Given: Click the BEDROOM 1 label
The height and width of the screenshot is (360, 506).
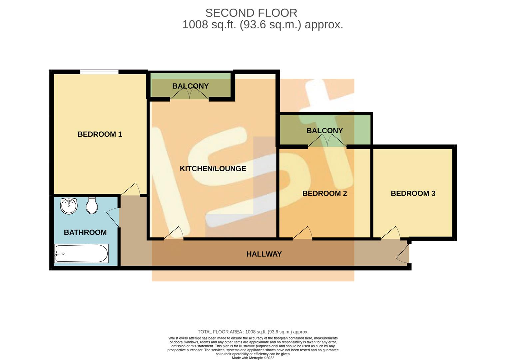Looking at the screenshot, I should [100, 134].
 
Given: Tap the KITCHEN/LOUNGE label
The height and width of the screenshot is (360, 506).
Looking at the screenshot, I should [213, 169].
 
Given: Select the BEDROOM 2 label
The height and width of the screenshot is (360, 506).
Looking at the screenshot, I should [324, 193].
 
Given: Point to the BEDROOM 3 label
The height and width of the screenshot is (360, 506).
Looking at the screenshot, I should [413, 193].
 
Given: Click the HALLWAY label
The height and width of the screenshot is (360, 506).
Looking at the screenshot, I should [264, 254].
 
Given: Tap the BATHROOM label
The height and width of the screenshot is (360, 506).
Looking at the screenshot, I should [85, 232].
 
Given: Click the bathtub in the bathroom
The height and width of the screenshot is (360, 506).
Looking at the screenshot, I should [81, 254].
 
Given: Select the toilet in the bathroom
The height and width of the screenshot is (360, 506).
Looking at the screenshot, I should [92, 205].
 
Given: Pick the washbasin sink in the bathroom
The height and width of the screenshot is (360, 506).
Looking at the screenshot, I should [69, 206].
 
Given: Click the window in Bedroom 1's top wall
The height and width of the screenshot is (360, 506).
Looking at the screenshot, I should [99, 72].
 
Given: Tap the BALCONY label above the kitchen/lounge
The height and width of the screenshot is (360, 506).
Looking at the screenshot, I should [190, 86].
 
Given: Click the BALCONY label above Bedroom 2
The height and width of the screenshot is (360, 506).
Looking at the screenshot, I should [324, 131].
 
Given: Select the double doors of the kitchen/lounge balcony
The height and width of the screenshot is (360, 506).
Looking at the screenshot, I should [189, 95].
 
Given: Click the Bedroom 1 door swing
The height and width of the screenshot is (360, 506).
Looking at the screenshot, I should [132, 190].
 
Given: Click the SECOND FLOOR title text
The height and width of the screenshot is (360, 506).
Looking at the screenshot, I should [251, 13].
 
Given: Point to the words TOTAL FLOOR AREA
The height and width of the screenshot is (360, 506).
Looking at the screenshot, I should [220, 332].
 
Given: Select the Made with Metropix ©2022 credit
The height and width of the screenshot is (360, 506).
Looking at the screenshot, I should [253, 358].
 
